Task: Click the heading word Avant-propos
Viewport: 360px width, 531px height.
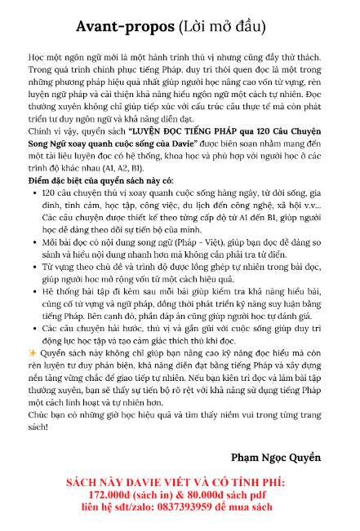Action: (125, 28)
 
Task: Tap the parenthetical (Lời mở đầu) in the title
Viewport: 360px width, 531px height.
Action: (231, 28)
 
